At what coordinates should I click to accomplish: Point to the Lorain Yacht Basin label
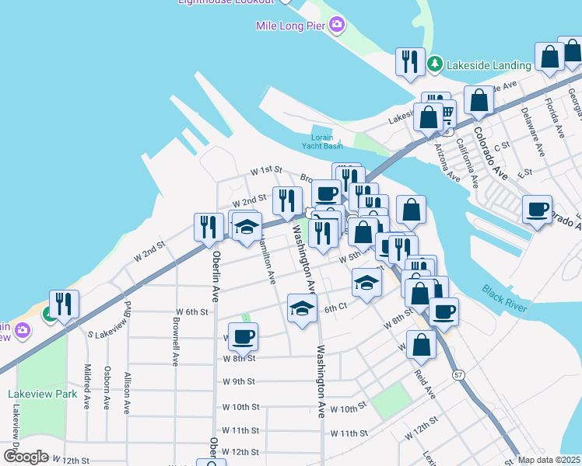coord(322,141)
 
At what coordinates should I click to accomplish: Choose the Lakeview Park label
coord(44,394)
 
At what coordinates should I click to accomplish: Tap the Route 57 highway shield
coord(458,375)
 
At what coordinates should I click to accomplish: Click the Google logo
coord(26,457)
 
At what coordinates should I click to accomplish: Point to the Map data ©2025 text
coord(549,460)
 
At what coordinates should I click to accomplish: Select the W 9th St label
coord(239,382)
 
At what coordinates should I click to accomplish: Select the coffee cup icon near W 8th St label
coord(243,336)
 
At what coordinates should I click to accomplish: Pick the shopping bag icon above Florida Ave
coord(549,56)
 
